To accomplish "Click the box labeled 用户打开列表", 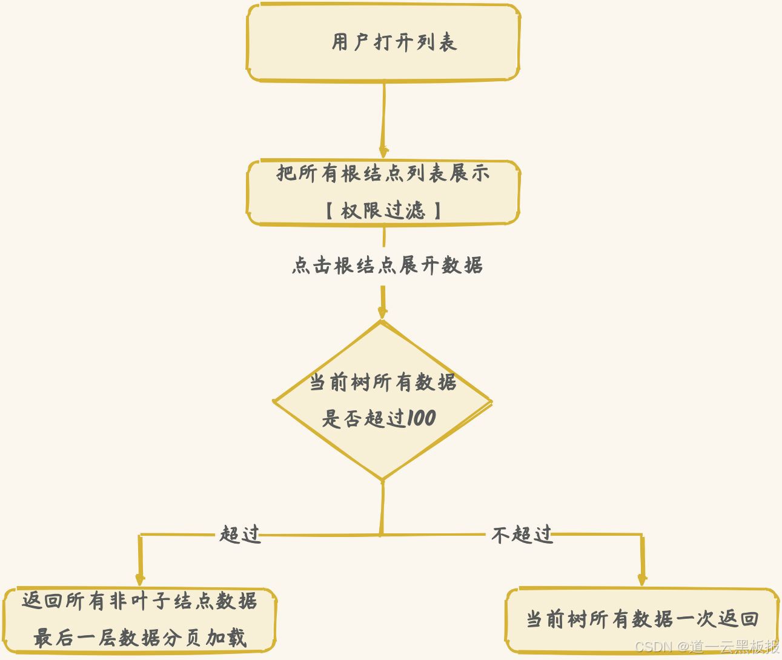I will [x=383, y=42].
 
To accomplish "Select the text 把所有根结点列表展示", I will [x=383, y=173].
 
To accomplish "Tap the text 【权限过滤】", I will [x=383, y=210].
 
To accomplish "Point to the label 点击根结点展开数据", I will [x=387, y=265].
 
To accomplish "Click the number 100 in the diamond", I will [x=420, y=418].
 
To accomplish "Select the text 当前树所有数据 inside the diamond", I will [x=383, y=382].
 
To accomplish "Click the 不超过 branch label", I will [x=522, y=535].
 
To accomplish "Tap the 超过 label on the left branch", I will [x=240, y=535].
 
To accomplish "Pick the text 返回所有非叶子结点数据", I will [x=140, y=601].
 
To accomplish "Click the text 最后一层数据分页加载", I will [x=140, y=638].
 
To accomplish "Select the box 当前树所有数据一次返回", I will [x=641, y=619].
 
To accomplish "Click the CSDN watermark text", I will [x=707, y=647].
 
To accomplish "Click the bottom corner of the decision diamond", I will [x=382, y=479].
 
